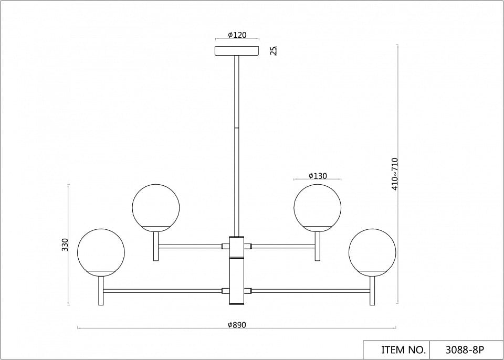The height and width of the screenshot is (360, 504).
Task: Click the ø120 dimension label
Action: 237,35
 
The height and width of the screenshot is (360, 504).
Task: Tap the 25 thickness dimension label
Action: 274,51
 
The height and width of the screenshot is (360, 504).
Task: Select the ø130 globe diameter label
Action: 318,176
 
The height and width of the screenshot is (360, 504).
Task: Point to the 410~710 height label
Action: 395,174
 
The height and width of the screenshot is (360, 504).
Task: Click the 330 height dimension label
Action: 65,245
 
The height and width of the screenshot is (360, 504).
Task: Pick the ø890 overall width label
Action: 237,325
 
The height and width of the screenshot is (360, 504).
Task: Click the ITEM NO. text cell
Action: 396,350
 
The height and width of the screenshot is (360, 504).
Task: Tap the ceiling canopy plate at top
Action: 237,51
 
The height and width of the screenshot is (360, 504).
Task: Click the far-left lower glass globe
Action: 101,252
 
